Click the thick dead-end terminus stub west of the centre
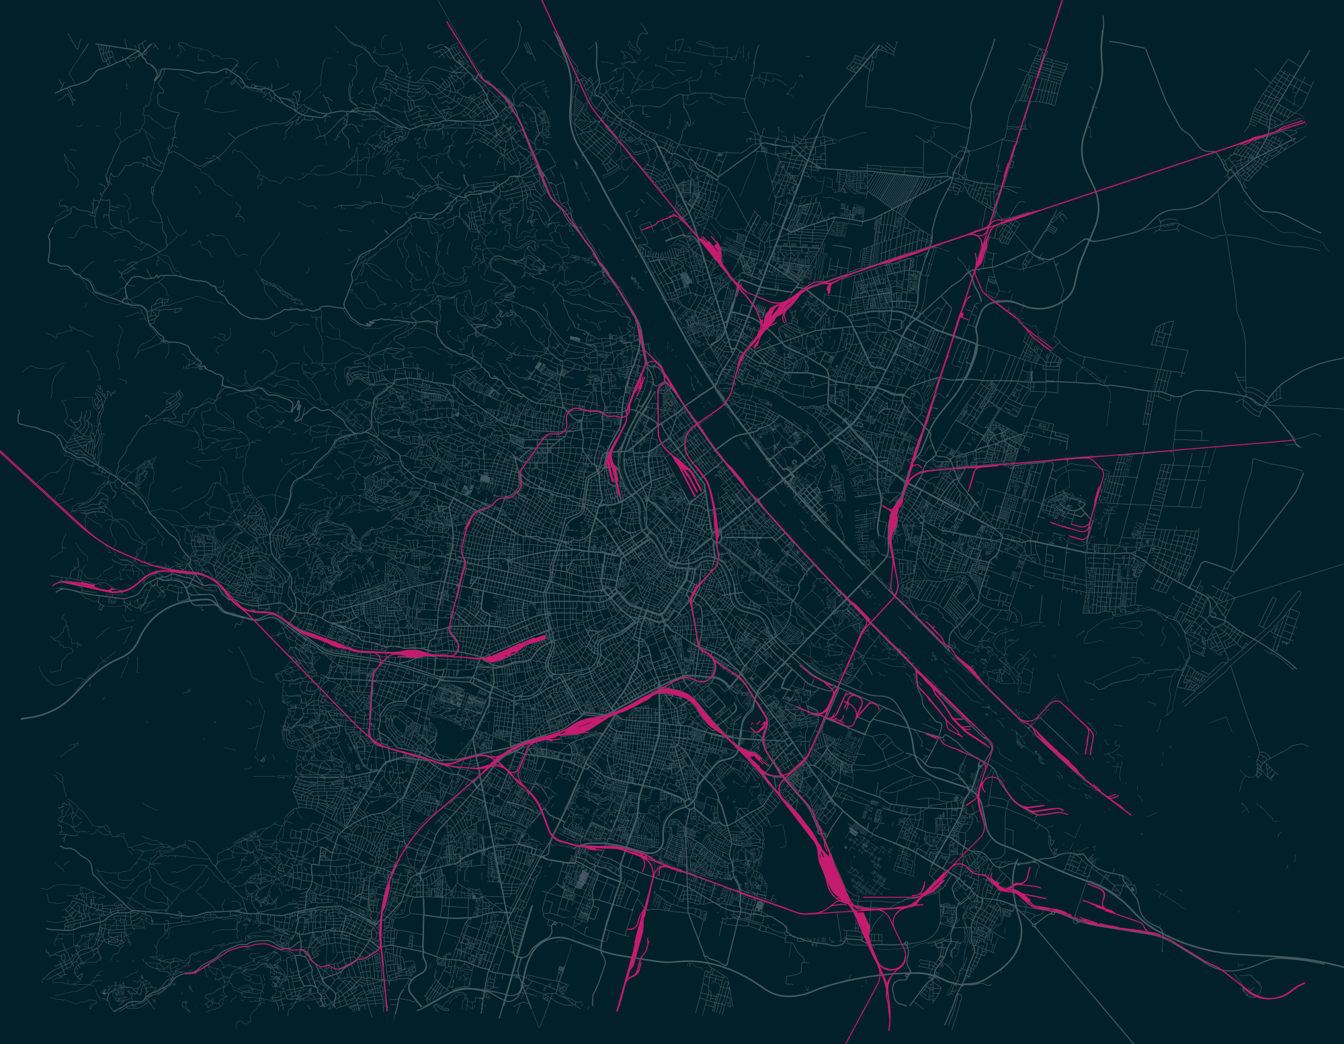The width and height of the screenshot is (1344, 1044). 517,648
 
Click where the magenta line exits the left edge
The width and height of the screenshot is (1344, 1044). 2,452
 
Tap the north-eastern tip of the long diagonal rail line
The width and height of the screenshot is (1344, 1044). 1302,122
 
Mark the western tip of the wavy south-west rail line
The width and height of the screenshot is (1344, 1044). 188,973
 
